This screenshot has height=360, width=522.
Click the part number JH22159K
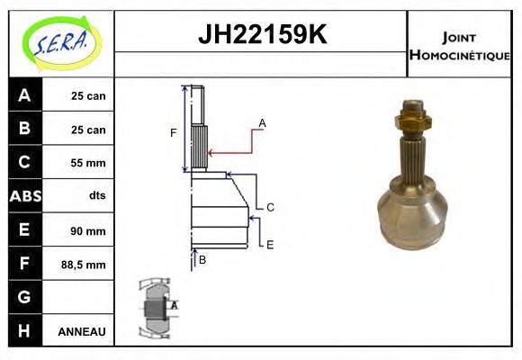261,36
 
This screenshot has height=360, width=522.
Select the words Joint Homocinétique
459,46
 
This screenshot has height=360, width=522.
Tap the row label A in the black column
24,95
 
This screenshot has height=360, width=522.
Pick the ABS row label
24,196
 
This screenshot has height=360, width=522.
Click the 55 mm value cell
88,163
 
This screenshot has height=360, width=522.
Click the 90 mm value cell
88,230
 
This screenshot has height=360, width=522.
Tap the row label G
24,297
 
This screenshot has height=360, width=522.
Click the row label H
24,330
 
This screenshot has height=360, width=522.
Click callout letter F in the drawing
174,133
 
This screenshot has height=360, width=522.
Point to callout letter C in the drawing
269,207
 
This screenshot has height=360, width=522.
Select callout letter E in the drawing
269,244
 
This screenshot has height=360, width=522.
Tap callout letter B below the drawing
202,260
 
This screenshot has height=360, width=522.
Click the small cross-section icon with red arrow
156,307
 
